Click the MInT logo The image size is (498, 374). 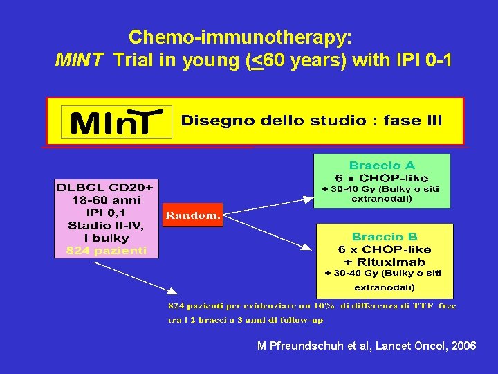116,123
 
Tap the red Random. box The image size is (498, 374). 192,215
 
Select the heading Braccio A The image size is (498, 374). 382,166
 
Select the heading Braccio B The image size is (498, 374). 384,237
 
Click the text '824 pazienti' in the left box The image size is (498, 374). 107,251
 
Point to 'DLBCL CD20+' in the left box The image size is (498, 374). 107,187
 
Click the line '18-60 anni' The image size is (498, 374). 107,199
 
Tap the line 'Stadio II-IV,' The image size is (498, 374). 107,225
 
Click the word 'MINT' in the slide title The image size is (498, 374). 80,61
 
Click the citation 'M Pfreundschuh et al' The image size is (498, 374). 314,346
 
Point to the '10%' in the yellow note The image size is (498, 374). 323,305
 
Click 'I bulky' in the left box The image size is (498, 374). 107,238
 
